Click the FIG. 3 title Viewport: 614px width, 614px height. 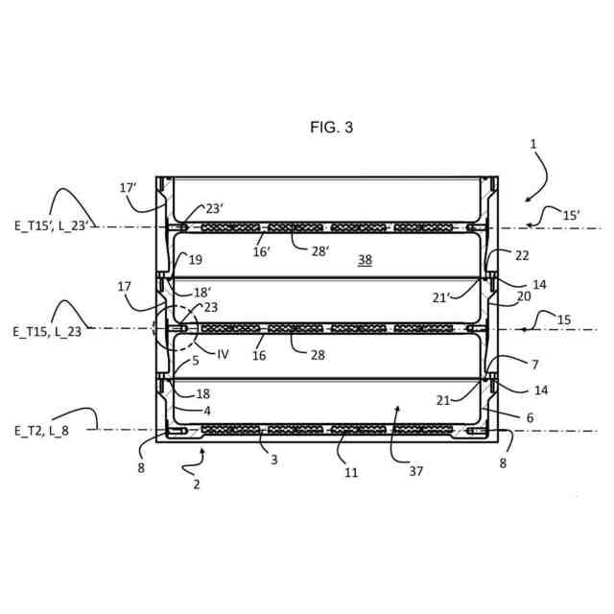point(331,127)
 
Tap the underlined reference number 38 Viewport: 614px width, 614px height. point(365,259)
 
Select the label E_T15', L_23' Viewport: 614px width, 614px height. point(50,226)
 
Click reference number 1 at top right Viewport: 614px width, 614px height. point(534,144)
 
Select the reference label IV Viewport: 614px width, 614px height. point(223,354)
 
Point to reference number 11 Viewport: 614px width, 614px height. point(350,472)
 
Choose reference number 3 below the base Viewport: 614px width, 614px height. point(273,460)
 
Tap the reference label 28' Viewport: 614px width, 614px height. point(319,250)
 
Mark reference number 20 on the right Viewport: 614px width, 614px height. point(524,297)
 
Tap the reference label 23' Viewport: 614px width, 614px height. point(213,208)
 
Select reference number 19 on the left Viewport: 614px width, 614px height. point(196,259)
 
